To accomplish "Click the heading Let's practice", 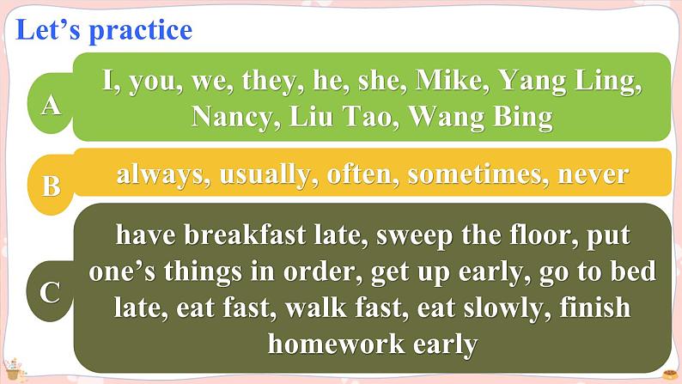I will tap(104, 30).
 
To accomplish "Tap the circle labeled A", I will tap(52, 105).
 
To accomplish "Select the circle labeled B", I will tap(51, 183).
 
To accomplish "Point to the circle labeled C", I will tap(51, 292).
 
